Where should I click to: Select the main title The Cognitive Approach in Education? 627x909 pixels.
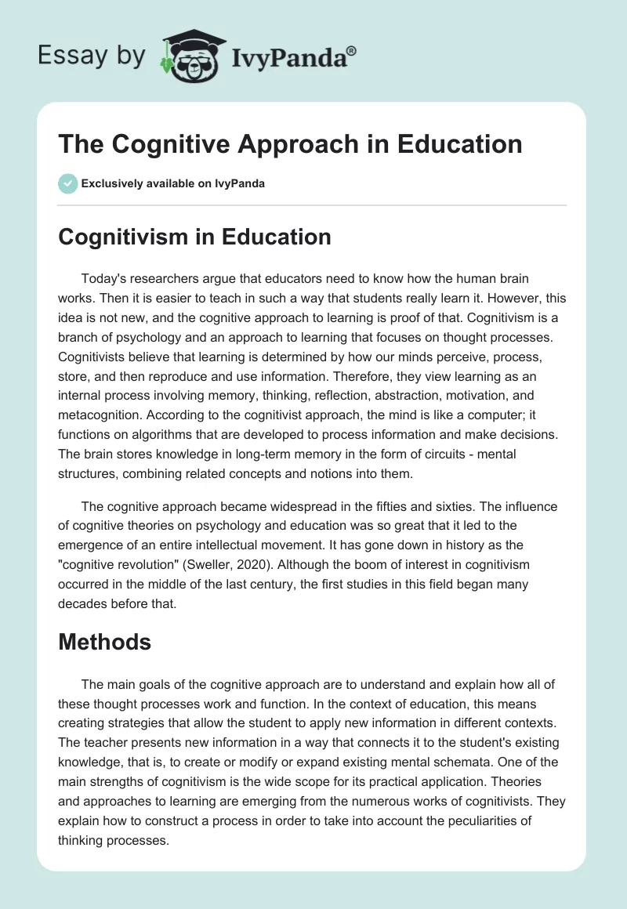(x=291, y=144)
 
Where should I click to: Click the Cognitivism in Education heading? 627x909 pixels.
(x=194, y=237)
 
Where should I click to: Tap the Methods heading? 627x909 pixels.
(x=104, y=642)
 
